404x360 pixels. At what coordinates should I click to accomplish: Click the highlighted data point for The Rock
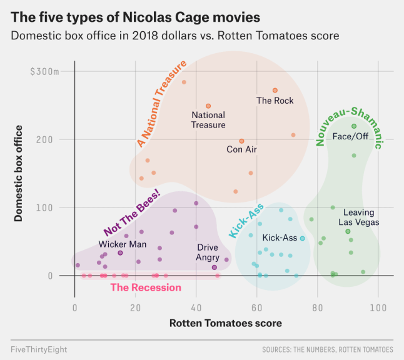click(x=275, y=91)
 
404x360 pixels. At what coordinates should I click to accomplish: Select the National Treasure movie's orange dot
click(x=208, y=106)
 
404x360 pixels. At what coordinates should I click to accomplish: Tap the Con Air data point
click(x=241, y=141)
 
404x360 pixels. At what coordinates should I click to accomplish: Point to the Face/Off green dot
click(x=354, y=126)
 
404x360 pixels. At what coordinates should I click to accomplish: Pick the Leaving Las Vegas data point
click(x=348, y=231)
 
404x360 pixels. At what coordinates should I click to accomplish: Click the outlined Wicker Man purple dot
click(x=120, y=253)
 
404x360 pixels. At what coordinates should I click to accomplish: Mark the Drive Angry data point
click(x=214, y=267)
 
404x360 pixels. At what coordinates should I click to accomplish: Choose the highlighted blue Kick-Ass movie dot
click(x=303, y=239)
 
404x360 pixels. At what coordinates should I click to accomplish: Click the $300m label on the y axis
click(x=44, y=72)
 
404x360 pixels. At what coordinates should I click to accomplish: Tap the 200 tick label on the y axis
click(x=44, y=140)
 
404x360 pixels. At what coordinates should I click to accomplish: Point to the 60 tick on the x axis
click(x=256, y=308)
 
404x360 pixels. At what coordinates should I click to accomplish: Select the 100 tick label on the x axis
click(x=378, y=308)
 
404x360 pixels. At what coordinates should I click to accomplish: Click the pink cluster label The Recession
click(x=146, y=287)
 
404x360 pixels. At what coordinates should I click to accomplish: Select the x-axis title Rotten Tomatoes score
click(x=226, y=323)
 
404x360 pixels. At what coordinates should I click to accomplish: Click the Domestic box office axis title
click(x=18, y=173)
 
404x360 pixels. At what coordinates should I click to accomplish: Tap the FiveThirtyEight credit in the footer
click(x=39, y=349)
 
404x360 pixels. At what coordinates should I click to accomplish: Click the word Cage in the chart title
click(x=192, y=17)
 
